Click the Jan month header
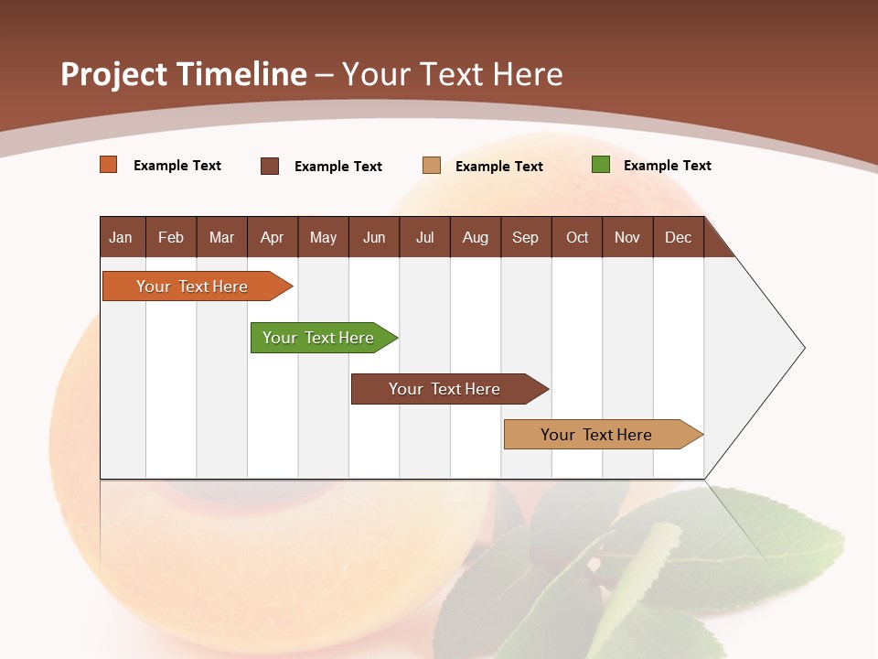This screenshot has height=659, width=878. click(x=121, y=237)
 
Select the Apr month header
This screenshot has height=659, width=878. click(x=272, y=237)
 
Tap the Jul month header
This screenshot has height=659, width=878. click(x=424, y=237)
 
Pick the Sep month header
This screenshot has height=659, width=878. click(x=525, y=237)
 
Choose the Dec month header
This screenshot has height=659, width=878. click(x=678, y=237)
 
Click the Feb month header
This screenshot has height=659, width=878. click(x=171, y=237)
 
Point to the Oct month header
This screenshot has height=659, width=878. click(x=577, y=237)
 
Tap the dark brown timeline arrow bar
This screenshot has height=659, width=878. click(x=445, y=389)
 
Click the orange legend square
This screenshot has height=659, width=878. click(x=109, y=165)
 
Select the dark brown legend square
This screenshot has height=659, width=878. click(x=270, y=166)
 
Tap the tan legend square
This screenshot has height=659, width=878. click(x=432, y=166)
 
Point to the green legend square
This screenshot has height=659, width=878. click(x=601, y=165)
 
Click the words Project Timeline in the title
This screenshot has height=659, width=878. click(x=183, y=74)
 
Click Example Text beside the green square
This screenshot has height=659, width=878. click(x=667, y=166)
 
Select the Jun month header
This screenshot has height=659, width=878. click(x=374, y=237)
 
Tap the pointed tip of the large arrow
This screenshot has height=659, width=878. click(x=802, y=348)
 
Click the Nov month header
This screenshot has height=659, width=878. click(x=627, y=237)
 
